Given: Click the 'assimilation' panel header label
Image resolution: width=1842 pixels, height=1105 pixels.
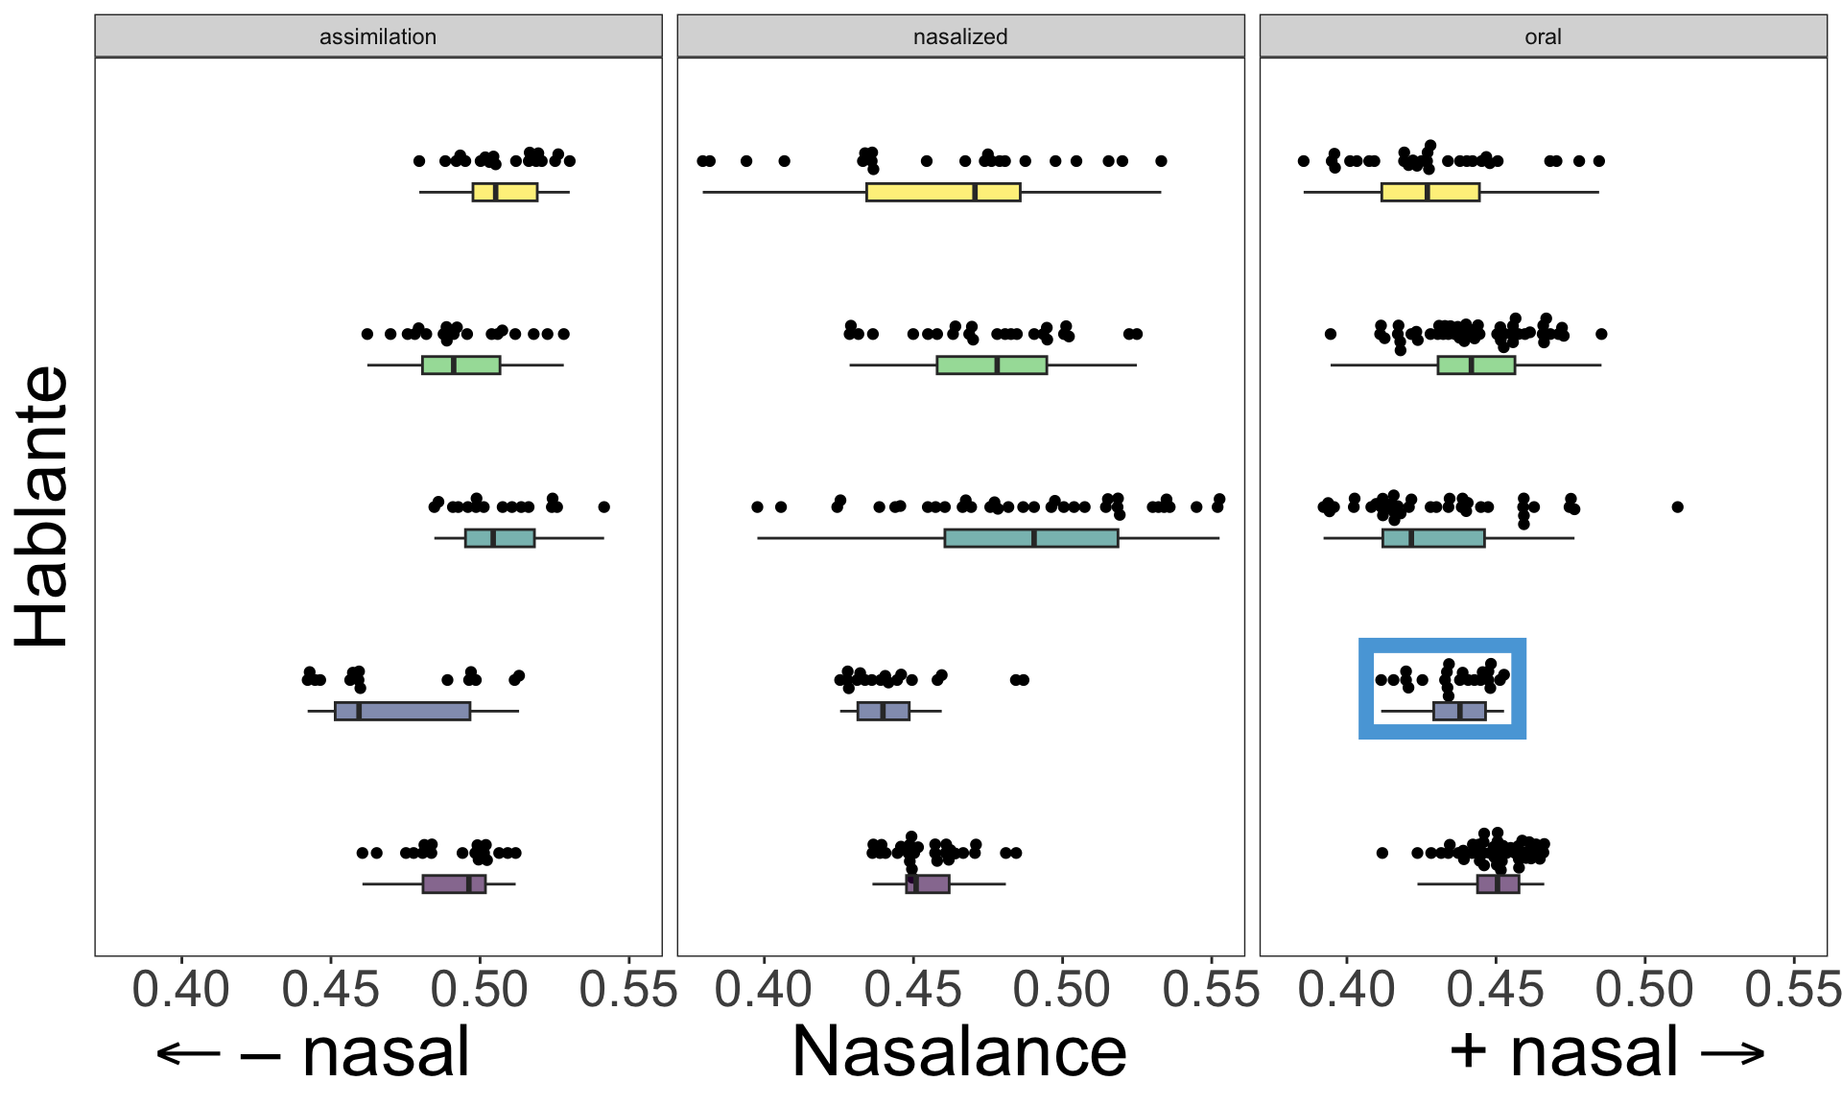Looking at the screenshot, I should pyautogui.click(x=378, y=36).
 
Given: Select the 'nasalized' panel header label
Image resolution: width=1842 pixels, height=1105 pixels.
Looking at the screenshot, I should pyautogui.click(x=960, y=36).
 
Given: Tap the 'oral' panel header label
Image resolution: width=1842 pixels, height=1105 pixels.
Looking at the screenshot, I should pyautogui.click(x=1543, y=36).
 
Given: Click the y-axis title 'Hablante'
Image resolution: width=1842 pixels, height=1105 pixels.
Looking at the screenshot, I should pyautogui.click(x=43, y=506).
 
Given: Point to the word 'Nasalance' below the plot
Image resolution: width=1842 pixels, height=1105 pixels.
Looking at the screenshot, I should pyautogui.click(x=959, y=1052).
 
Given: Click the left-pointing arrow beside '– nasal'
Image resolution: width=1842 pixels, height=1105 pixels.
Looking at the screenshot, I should pyautogui.click(x=189, y=1053).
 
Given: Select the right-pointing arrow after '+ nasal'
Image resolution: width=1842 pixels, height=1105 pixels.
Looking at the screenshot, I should pyautogui.click(x=1734, y=1053).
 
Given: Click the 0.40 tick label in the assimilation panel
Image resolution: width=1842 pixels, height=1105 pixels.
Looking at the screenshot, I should pyautogui.click(x=181, y=990).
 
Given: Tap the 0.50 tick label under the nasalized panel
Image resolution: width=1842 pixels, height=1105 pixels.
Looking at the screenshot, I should pyautogui.click(x=1062, y=990).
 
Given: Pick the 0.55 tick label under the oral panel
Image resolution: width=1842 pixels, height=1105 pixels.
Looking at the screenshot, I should pyautogui.click(x=1793, y=990).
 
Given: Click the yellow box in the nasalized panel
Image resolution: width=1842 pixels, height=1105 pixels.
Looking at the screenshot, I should pyautogui.click(x=943, y=192).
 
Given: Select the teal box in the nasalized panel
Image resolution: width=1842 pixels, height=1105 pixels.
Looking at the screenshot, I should pyautogui.click(x=1031, y=538).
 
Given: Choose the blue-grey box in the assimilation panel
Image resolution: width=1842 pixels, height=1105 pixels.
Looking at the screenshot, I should pyautogui.click(x=402, y=711).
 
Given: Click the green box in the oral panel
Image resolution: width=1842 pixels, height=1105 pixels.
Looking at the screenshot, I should pyautogui.click(x=1476, y=365).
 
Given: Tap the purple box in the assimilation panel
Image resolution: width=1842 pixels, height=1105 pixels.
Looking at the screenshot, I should pyautogui.click(x=454, y=883).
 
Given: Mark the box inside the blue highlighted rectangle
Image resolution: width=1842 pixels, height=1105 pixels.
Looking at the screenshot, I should pyautogui.click(x=1459, y=711).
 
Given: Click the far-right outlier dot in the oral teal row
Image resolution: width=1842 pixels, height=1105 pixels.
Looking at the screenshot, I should pyautogui.click(x=1677, y=506).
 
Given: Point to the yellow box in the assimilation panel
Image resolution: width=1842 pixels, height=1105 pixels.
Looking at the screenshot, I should pyautogui.click(x=505, y=192).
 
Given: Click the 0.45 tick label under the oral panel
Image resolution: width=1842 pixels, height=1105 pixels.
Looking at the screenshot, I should pyautogui.click(x=1496, y=990).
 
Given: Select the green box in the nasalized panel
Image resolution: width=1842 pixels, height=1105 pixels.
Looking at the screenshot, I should pyautogui.click(x=992, y=365).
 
